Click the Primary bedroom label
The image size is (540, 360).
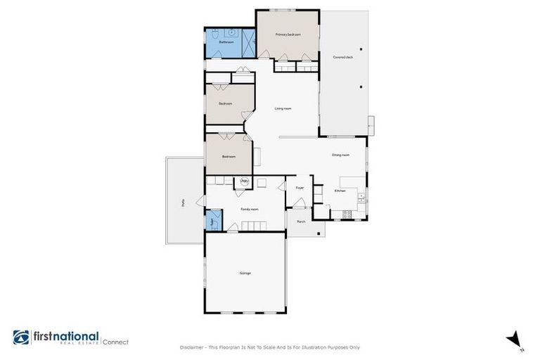point(288,34)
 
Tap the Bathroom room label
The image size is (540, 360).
point(226,42)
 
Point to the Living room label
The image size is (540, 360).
point(283,108)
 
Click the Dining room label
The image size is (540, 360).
point(340,155)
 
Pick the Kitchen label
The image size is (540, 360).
point(340,191)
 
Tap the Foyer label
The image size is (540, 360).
point(300,188)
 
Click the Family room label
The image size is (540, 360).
point(250,209)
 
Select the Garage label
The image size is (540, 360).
point(245,273)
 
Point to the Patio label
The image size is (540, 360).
point(183,202)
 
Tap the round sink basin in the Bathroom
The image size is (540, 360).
point(231,32)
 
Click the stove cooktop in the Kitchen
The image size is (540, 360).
point(345,213)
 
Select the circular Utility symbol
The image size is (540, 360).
point(244,181)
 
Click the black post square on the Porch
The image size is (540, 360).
point(318,233)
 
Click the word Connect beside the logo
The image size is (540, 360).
point(116,342)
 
